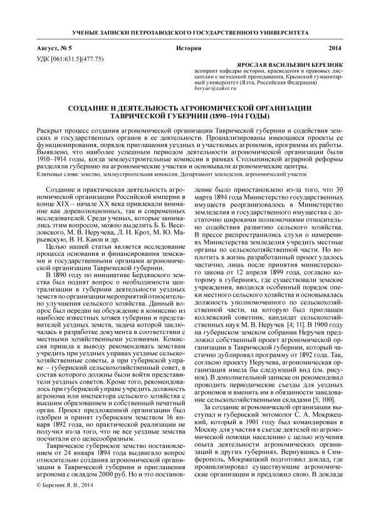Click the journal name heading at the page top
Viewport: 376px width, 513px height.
coord(188,31)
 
